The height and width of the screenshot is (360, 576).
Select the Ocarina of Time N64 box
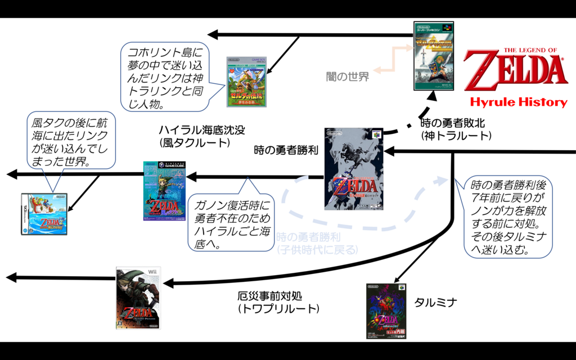(x=354, y=169)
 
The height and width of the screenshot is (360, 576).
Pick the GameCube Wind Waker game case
(x=164, y=191)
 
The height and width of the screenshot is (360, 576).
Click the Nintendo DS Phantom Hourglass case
(x=44, y=214)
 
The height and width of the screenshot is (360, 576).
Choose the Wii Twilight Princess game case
(x=138, y=298)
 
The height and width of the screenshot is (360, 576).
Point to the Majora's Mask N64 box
(x=385, y=311)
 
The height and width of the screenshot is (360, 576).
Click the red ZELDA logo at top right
(x=515, y=69)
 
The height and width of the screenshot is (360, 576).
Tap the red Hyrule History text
(x=519, y=102)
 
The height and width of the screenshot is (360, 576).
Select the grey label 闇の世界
(x=348, y=76)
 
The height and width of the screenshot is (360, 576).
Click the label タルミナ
(x=435, y=303)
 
